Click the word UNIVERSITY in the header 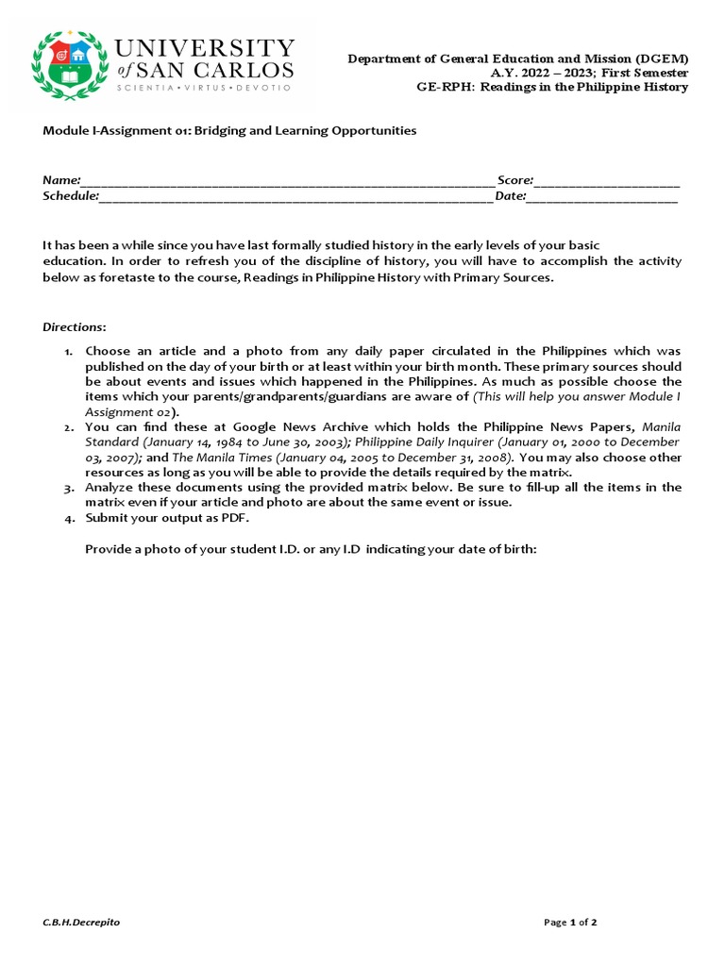204,48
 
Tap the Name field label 60,180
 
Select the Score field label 515,180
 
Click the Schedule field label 70,196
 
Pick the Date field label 510,196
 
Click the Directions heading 74,327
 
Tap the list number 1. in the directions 69,352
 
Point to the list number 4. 69,519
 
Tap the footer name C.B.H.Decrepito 81,922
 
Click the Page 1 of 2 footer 570,922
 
